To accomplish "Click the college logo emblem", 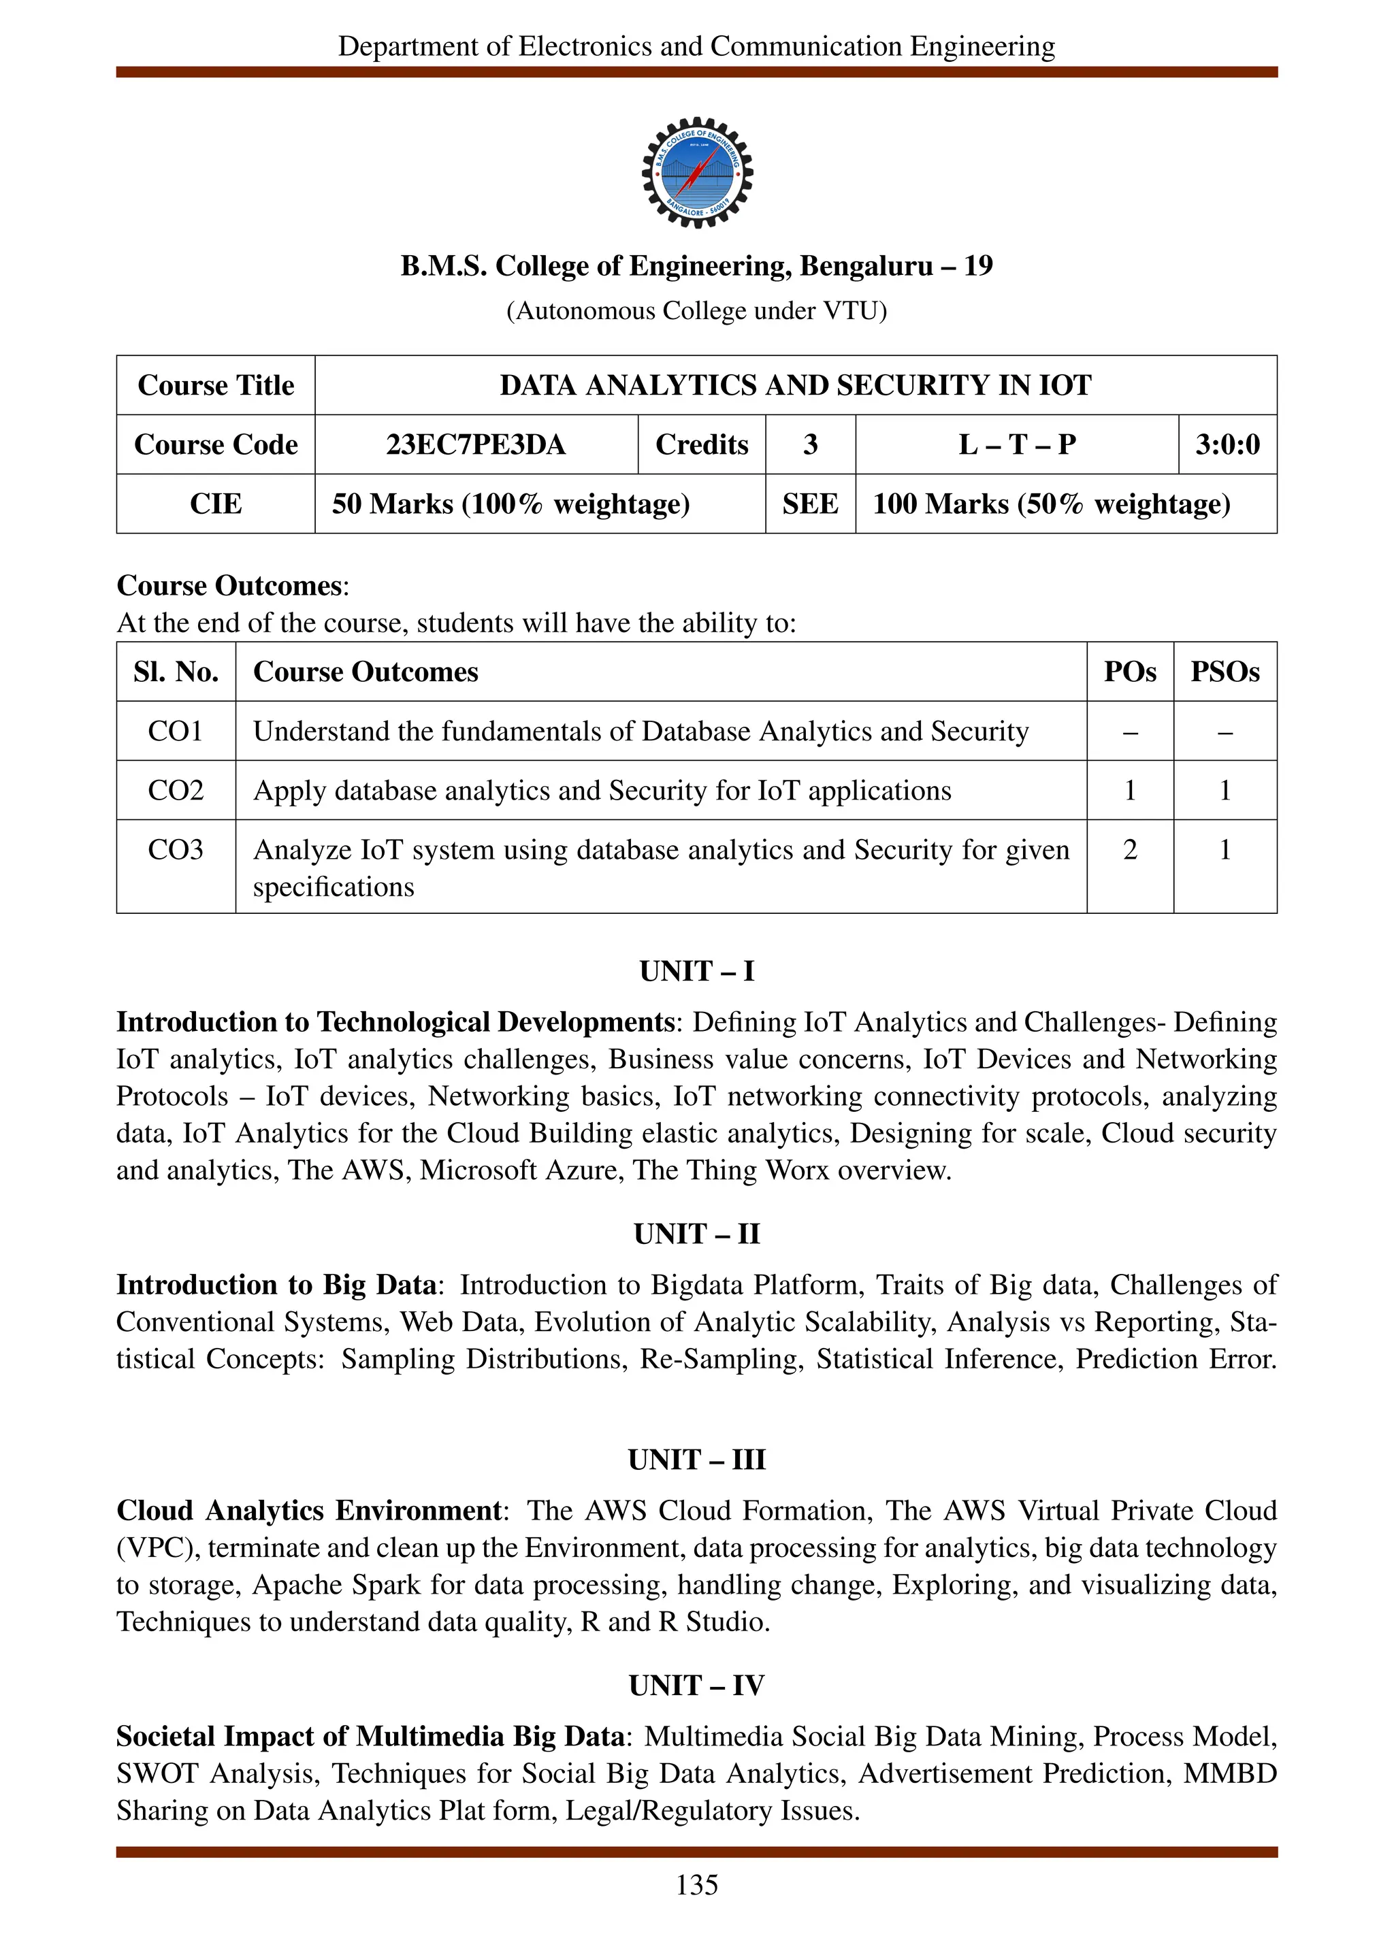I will coord(696,172).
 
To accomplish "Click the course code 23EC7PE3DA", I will coord(476,445).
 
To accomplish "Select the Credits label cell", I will coord(701,445).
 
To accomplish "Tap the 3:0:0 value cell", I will coord(1227,445).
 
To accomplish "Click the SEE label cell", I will coord(809,504).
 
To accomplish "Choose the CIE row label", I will coord(215,504).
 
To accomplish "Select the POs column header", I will coord(1129,672).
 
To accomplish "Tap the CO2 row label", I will coord(175,791).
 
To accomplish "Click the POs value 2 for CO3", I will coord(1129,849).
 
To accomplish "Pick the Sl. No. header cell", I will coord(176,672).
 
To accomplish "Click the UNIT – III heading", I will coord(696,1460).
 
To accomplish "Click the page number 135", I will coord(696,1885).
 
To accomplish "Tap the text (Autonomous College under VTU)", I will coord(696,311).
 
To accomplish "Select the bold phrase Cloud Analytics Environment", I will coord(309,1511).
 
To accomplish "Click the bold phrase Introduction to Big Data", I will coord(276,1285).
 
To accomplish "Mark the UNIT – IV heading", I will coord(696,1686).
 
